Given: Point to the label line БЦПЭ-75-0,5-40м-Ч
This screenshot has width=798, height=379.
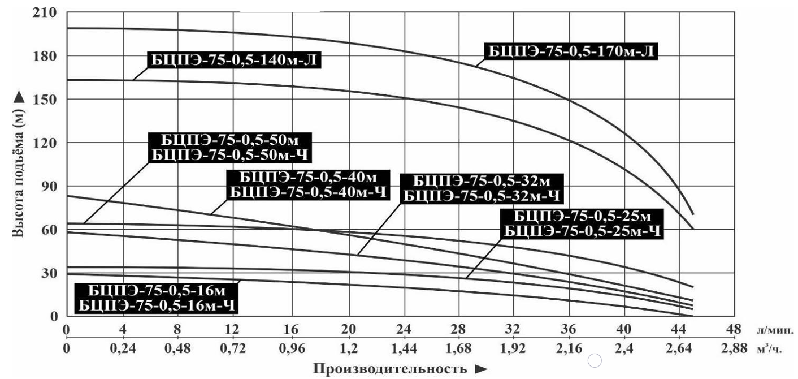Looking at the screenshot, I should click(x=309, y=192).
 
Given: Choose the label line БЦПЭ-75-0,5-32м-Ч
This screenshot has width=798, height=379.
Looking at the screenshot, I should click(x=482, y=196).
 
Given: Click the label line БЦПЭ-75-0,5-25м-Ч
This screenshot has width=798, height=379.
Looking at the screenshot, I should click(x=582, y=231).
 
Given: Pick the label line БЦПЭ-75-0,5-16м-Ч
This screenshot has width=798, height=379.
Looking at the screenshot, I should click(x=155, y=306).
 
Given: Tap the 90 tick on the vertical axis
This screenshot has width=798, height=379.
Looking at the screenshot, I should click(x=50, y=186).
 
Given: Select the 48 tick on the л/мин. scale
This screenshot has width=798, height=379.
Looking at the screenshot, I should click(x=734, y=329).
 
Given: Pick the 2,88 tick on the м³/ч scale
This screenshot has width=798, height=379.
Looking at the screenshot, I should click(x=734, y=347).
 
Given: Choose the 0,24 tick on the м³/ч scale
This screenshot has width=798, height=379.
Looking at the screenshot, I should click(x=123, y=347).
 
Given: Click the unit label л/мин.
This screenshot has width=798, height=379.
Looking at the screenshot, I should click(x=774, y=330).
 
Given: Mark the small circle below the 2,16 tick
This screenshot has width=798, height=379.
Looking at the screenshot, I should click(x=595, y=361).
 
